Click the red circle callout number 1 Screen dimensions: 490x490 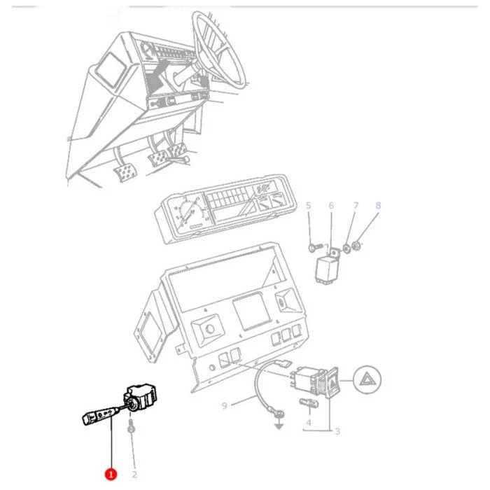(111, 474)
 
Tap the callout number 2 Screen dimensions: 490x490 (134, 475)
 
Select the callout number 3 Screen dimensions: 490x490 (337, 431)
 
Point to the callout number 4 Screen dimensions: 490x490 (309, 423)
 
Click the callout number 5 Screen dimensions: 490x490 (309, 205)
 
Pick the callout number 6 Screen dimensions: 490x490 (331, 205)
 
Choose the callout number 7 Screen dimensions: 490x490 (356, 205)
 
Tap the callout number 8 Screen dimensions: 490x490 (378, 205)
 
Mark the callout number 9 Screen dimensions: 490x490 (225, 405)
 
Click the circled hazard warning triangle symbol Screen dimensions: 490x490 (367, 379)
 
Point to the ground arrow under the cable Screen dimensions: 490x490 (279, 425)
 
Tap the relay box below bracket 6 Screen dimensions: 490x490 (327, 271)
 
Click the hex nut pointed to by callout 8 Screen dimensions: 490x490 (356, 246)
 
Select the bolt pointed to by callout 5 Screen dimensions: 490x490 (315, 248)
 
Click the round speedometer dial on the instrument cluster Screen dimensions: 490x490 (187, 213)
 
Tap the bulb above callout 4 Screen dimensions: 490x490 (309, 403)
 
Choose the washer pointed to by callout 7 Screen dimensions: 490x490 (346, 248)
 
